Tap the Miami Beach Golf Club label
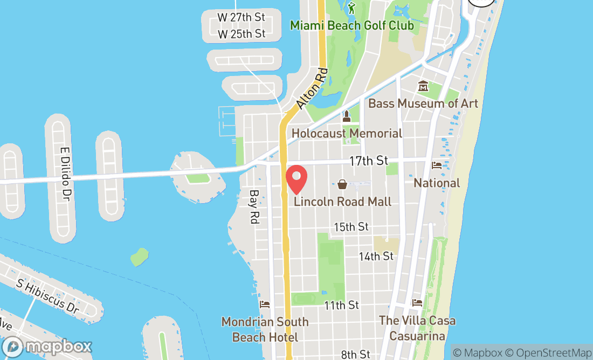(x=352, y=25)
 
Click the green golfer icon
(x=352, y=8)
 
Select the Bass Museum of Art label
(x=423, y=103)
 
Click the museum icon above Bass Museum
(x=423, y=86)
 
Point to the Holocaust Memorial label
(x=347, y=133)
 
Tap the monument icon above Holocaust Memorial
(x=347, y=116)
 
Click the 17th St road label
(x=369, y=161)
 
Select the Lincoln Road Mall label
(x=342, y=202)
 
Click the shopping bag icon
(x=342, y=185)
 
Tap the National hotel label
(x=437, y=183)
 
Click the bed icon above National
(x=437, y=165)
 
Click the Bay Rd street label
(x=253, y=206)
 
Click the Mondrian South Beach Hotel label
(x=264, y=329)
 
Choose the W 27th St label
(x=242, y=17)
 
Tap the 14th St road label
(x=376, y=257)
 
